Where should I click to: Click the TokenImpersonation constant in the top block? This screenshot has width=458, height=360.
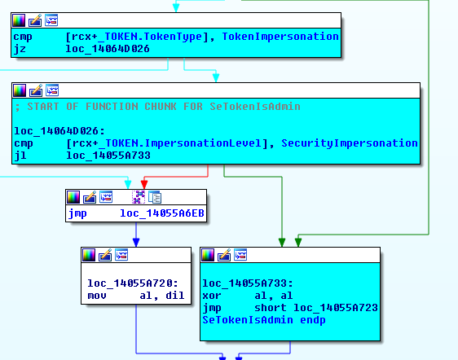coord(280,37)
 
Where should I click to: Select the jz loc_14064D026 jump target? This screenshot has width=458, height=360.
coord(108,49)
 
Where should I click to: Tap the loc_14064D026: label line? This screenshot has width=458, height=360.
coord(59,131)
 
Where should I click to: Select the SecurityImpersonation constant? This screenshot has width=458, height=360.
coord(350,143)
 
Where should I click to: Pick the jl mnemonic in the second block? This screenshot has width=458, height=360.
coord(20,156)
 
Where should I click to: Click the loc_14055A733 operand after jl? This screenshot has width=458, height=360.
coord(108,156)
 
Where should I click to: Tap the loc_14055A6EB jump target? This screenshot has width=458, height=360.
coord(162,213)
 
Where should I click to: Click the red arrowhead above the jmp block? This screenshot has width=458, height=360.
coord(144,184)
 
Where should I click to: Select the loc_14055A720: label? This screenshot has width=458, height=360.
coord(133,283)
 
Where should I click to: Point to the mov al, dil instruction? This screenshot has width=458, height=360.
coord(136,296)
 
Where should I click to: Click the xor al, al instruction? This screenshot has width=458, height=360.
coord(248,296)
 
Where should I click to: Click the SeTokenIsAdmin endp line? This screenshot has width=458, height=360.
coord(264,320)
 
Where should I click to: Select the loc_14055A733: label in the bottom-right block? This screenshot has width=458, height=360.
coord(248,283)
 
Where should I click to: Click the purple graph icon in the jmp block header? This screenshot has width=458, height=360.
coord(139,197)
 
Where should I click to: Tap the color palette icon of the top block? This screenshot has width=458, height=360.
coord(19,20)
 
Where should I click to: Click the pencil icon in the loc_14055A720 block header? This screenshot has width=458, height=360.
coord(105,255)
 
